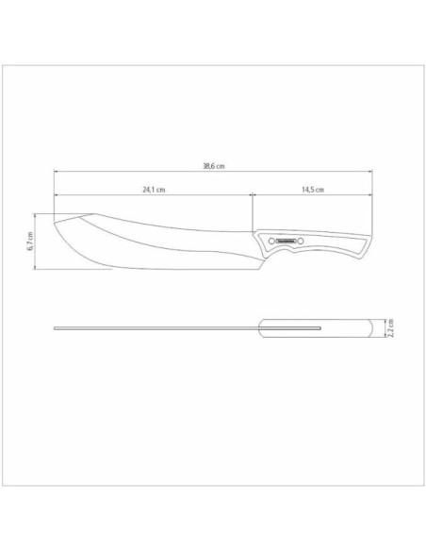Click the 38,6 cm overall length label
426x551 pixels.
coord(213,166)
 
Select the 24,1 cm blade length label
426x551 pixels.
coord(154,190)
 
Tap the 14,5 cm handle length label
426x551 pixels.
coord(313,190)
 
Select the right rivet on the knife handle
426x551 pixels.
coord(303,242)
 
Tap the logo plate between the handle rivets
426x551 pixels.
coord(287,242)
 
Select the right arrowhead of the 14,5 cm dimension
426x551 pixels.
coord(369,195)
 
